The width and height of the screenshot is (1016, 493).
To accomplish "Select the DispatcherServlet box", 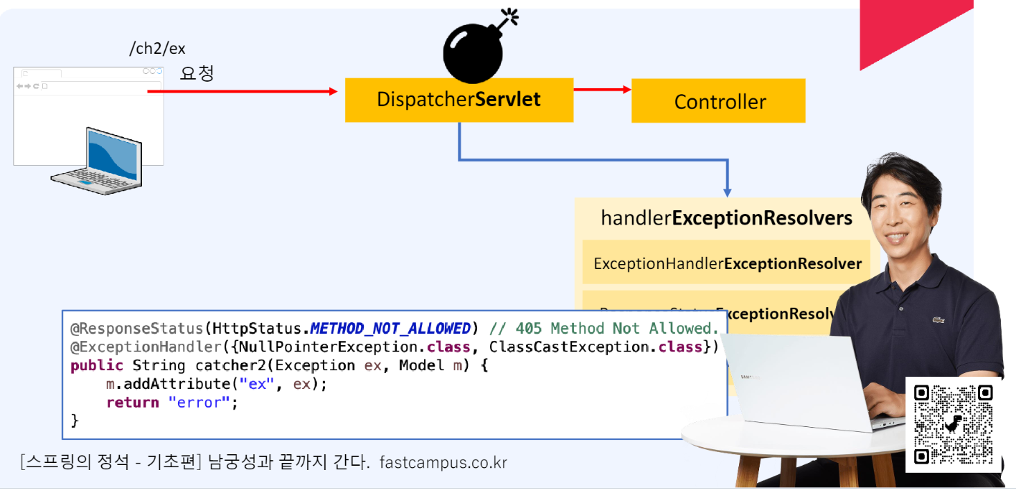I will pyautogui.click(x=459, y=100).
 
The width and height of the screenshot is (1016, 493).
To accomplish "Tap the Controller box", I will pyautogui.click(x=718, y=101).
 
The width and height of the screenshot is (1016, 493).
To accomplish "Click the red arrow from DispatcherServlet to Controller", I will pyautogui.click(x=602, y=90).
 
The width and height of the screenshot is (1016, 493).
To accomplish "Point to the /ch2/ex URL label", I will pyautogui.click(x=156, y=49).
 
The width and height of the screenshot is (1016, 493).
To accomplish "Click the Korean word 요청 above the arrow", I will pyautogui.click(x=197, y=73).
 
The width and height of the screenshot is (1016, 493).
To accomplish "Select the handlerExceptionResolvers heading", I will pyautogui.click(x=726, y=218).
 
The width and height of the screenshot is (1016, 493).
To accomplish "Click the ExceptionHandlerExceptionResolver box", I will pyautogui.click(x=727, y=263).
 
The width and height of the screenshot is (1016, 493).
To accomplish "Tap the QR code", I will pyautogui.click(x=954, y=424).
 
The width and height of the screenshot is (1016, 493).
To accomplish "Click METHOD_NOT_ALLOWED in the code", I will pyautogui.click(x=390, y=329).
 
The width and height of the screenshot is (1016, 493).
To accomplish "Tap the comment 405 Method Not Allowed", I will pyautogui.click(x=603, y=329).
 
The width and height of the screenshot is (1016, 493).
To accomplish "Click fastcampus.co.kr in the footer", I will pyautogui.click(x=443, y=463).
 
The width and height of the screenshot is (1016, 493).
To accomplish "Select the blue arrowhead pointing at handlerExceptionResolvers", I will pyautogui.click(x=727, y=192).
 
